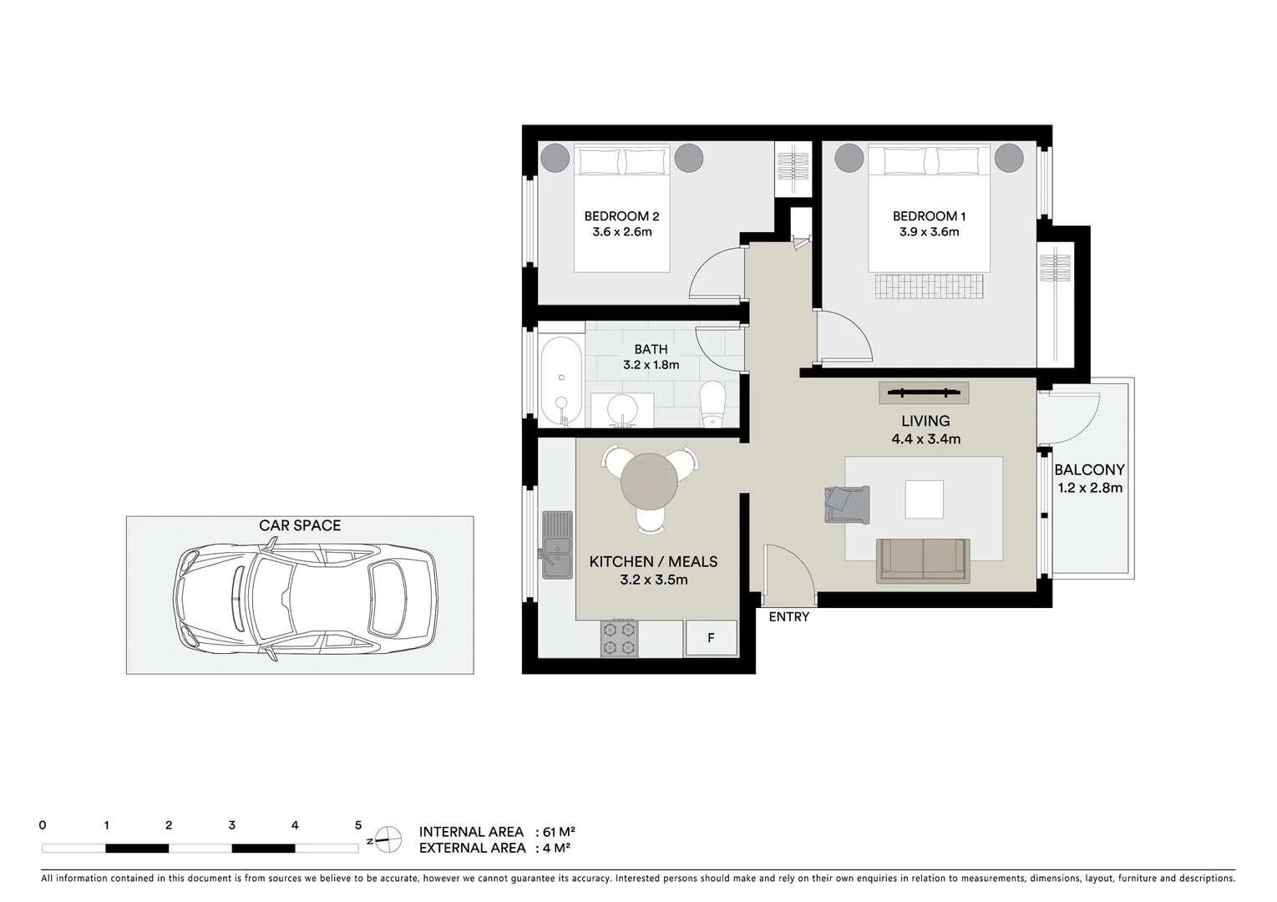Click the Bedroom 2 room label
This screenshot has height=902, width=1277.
[621, 216]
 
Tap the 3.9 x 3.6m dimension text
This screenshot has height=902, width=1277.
[929, 232]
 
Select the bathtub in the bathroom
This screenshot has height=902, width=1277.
[560, 380]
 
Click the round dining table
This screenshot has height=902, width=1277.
[650, 481]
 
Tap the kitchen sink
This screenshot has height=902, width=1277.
[557, 544]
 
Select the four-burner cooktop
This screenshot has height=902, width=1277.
[619, 638]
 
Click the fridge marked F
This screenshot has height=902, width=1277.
[711, 638]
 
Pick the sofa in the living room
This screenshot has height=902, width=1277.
[923, 560]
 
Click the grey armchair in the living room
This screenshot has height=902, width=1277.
[847, 504]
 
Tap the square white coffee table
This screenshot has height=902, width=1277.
[925, 499]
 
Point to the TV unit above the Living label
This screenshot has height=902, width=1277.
[924, 392]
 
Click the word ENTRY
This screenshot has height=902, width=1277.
[788, 617]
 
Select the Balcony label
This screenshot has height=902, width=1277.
[1089, 470]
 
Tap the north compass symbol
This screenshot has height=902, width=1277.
[386, 839]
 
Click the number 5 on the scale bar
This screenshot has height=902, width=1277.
[358, 825]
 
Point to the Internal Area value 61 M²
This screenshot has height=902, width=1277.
[559, 832]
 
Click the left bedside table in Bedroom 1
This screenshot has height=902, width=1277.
[849, 157]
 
